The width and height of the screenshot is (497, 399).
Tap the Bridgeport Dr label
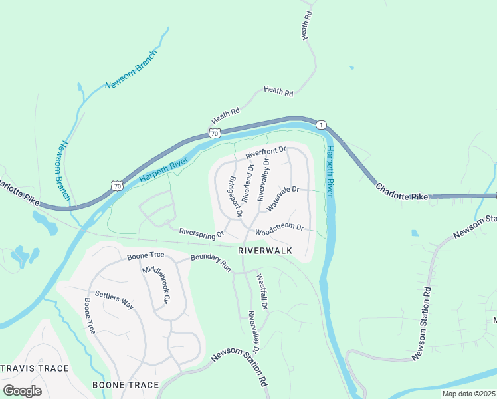[x=234, y=196]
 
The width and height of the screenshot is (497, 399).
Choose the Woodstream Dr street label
[x=280, y=230]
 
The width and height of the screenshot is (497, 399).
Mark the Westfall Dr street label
[x=261, y=291]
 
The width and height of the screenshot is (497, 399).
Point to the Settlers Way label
[x=114, y=300]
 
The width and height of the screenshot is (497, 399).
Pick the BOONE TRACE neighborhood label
[x=126, y=385]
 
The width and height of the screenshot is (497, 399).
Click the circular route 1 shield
[x=321, y=125]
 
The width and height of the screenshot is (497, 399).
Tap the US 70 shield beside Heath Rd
[x=214, y=134]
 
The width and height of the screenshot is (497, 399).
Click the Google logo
[x=22, y=390]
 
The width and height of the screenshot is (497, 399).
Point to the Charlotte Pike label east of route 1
[x=401, y=192]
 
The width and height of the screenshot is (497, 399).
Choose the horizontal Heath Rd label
[x=278, y=92]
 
